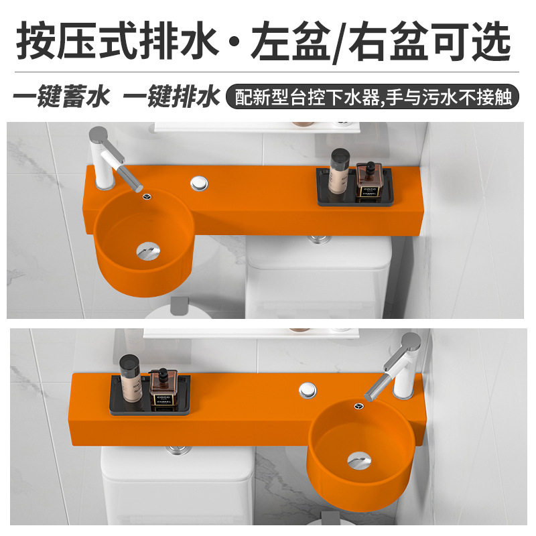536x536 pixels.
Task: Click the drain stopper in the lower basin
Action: [358, 460]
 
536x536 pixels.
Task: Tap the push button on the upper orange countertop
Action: [199, 182]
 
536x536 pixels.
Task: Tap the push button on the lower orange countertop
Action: [308, 389]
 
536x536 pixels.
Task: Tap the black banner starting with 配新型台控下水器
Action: [373, 98]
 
